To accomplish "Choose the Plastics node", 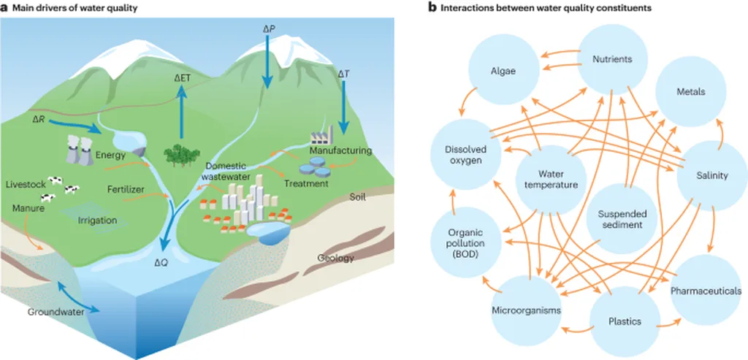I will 625,321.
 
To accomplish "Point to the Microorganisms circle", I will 526,310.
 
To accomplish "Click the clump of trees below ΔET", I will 181,153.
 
